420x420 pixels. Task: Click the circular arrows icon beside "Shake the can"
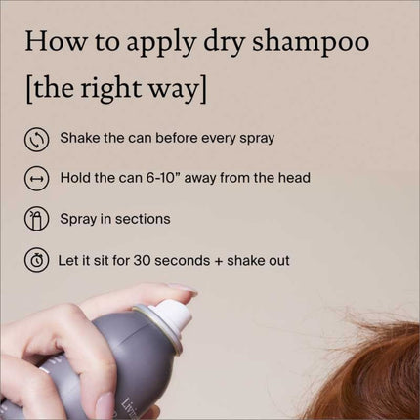tap(36, 138)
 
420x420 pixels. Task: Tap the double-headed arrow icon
tap(36, 178)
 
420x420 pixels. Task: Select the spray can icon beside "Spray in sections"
tap(36, 219)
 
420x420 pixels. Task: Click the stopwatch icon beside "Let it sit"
tap(36, 260)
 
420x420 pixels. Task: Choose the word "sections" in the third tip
tap(142, 219)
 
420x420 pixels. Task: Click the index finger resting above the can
tap(127, 298)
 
